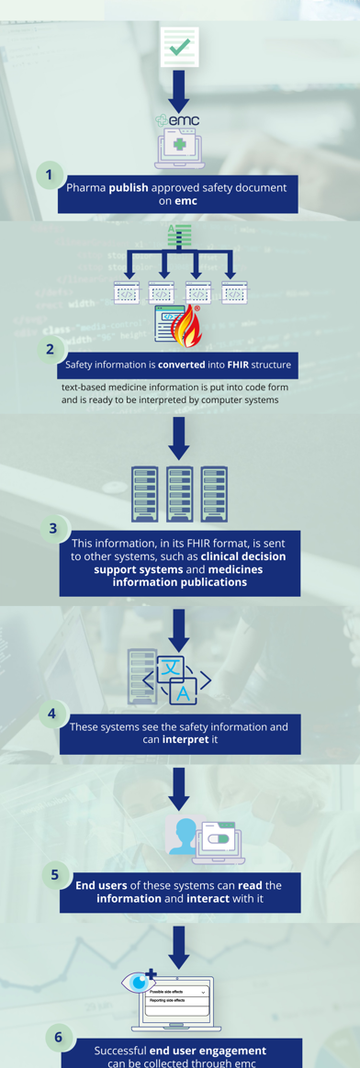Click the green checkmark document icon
point(179,46)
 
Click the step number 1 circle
point(51,174)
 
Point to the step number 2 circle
point(51,349)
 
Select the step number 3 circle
point(53,528)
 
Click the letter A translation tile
point(185,693)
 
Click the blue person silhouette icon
point(185,836)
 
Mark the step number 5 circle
point(55,874)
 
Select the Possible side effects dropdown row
point(178,992)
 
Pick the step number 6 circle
point(58,1038)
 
